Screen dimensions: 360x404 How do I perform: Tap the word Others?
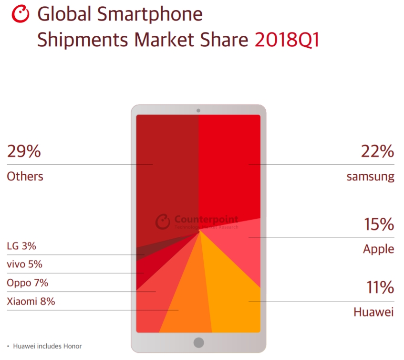click(25, 176)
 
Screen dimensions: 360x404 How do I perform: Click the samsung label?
click(370, 177)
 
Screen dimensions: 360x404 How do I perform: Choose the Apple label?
click(378, 249)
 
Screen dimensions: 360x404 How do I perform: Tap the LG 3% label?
click(21, 246)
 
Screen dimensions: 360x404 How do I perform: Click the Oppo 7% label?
click(27, 283)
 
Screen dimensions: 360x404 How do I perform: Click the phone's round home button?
click(198, 342)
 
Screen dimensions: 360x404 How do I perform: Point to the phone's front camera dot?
click(198, 111)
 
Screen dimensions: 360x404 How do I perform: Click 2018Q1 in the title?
click(287, 40)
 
